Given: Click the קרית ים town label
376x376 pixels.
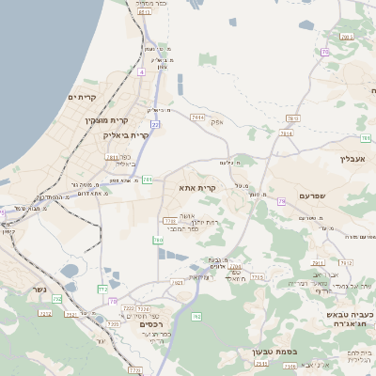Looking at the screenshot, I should (84, 97).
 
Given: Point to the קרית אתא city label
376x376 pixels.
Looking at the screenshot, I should (197, 188).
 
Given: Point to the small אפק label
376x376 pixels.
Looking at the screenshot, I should (216, 122).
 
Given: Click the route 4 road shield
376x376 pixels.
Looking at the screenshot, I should (141, 71).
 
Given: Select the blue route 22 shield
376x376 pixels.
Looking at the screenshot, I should (155, 124).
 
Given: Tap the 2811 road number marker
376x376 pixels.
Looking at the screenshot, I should (112, 158).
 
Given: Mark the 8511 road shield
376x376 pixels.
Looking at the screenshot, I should (292, 117).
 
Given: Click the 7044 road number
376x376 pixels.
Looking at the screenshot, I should (196, 117).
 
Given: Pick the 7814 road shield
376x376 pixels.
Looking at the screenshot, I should (286, 133).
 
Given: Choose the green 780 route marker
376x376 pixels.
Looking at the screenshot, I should (158, 241).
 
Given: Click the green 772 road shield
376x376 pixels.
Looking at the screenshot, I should (102, 289).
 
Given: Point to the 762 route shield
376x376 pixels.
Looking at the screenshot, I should (196, 317).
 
